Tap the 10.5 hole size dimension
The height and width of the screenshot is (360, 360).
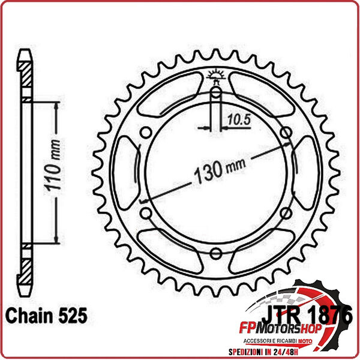click(x=238, y=119)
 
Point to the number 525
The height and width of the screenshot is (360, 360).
click(x=73, y=315)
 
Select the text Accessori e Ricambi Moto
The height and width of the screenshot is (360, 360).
click(x=293, y=341)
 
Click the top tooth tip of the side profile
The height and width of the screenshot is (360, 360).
click(x=24, y=54)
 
